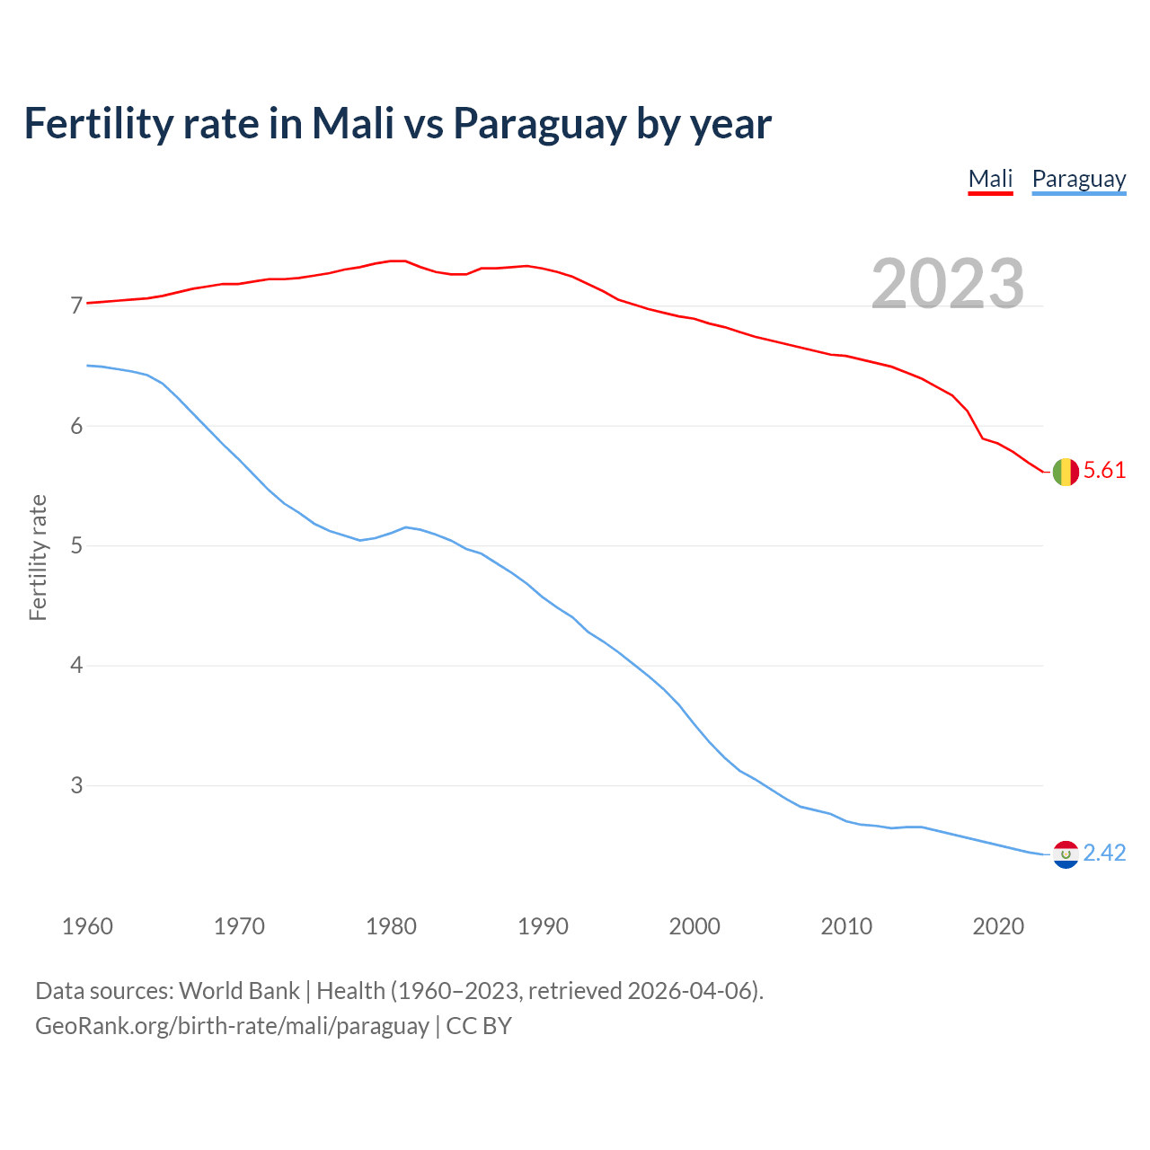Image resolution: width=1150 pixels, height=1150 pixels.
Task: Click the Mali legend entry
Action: [x=990, y=179]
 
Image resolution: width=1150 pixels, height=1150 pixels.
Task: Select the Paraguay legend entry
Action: [x=1078, y=179]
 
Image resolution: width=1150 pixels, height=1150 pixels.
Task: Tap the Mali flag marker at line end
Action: [x=1066, y=472]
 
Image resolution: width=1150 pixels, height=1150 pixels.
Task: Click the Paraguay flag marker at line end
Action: [x=1066, y=854]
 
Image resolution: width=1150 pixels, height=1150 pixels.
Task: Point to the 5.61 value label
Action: [x=1104, y=471]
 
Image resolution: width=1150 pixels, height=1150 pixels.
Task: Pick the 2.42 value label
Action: [x=1104, y=853]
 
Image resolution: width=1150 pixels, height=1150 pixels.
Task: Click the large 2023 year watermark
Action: [x=947, y=284]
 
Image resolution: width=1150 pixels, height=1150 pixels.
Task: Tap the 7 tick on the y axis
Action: [x=76, y=306]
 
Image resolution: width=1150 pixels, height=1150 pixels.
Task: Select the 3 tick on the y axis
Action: [x=76, y=786]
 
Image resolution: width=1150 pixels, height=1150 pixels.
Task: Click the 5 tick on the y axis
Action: [x=76, y=546]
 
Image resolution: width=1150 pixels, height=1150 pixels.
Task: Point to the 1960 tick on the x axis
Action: [x=87, y=926]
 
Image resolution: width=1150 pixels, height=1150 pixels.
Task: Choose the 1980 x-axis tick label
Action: [x=391, y=926]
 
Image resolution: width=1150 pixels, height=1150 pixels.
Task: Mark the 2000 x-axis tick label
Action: [x=694, y=926]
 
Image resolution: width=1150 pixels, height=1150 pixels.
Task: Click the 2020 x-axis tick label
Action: [x=998, y=926]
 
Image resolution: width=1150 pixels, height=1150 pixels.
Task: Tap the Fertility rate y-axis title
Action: [x=38, y=557]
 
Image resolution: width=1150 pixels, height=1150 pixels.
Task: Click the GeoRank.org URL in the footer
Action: [x=232, y=1026]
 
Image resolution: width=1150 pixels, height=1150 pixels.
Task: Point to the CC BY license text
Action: [x=479, y=1026]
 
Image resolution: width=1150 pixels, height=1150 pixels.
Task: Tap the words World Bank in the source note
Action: [x=239, y=991]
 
